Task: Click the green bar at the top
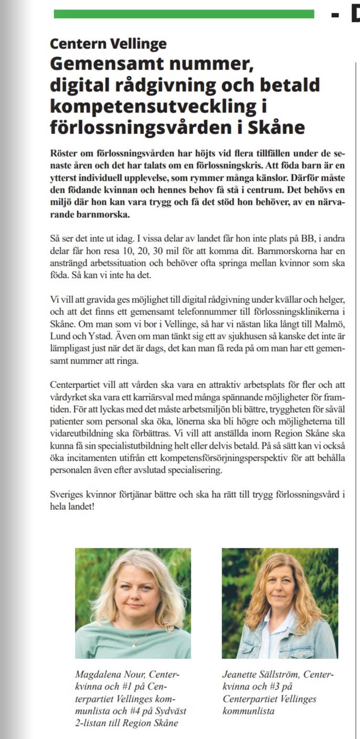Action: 184,14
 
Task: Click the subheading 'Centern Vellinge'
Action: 108,44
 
